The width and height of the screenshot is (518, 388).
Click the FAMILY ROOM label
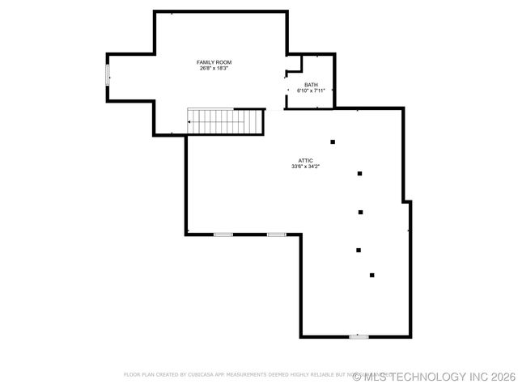214,62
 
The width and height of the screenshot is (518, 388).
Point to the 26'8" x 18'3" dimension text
214,69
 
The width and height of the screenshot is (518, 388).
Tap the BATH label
311,85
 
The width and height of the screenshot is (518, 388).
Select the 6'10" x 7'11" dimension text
311,91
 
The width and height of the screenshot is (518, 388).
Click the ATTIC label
305,161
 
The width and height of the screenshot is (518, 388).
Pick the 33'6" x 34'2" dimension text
305,167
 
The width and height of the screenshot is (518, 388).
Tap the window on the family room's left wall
107,74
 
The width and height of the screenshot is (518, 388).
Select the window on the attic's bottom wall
359,336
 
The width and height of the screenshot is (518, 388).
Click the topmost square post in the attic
333,142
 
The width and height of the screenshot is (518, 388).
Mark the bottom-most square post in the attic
372,276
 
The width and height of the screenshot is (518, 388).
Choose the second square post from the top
359,173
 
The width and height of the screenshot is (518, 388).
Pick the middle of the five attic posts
359,213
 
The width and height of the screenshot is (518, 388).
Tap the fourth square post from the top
358,250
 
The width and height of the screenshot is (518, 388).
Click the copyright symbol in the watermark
357,377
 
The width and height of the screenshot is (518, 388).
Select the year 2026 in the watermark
503,377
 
